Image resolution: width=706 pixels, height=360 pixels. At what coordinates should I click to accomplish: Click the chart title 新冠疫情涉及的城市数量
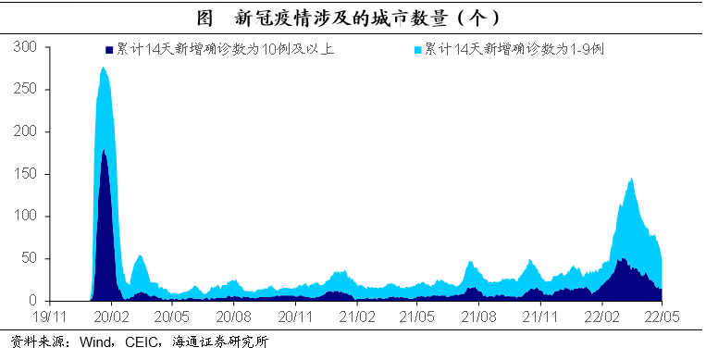click(341, 19)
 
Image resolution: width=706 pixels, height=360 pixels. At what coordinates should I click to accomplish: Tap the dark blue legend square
click(109, 50)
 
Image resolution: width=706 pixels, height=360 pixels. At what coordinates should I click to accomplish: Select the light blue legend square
click(418, 50)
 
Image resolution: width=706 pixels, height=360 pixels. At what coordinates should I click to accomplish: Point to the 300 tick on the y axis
click(25, 46)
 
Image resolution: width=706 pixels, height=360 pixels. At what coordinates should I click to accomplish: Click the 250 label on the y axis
click(25, 89)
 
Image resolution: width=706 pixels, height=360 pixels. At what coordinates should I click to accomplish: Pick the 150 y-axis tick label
click(25, 173)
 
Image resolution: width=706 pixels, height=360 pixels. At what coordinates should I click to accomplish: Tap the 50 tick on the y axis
click(30, 258)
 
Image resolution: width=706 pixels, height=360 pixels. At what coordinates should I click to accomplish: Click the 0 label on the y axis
click(33, 301)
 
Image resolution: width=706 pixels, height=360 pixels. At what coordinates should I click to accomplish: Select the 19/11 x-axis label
click(50, 317)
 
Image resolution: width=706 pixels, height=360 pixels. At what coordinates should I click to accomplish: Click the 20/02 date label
click(111, 317)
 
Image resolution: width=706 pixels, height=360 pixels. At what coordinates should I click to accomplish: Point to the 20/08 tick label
click(234, 317)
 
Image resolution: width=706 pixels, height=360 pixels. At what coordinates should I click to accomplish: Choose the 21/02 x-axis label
click(356, 317)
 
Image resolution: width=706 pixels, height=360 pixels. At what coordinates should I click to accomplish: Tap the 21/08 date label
click(479, 317)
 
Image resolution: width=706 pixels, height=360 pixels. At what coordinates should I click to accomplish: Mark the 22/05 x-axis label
click(662, 317)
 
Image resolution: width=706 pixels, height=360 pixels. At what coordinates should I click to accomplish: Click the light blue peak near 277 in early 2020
click(103, 68)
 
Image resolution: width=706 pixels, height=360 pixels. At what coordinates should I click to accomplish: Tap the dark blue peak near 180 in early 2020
click(104, 150)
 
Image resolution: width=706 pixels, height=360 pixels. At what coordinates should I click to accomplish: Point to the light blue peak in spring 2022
click(631, 179)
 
